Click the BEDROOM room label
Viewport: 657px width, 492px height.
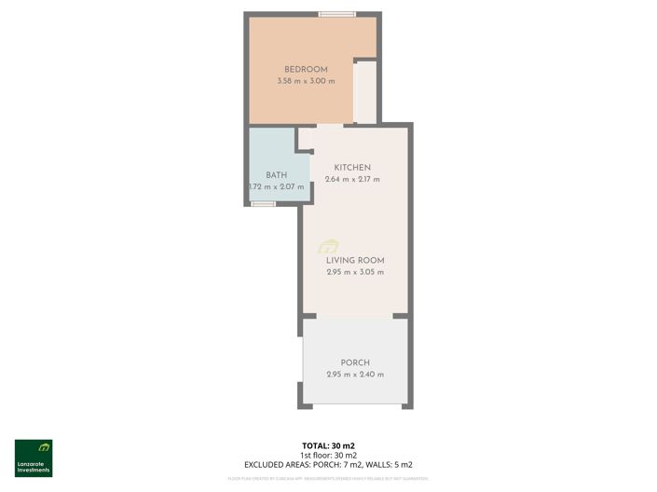306,70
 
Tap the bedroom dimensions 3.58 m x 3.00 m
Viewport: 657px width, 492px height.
306,82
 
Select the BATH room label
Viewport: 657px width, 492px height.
276,175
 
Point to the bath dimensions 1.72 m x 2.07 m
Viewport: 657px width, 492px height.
276,187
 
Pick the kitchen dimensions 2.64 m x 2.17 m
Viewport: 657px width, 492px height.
352,180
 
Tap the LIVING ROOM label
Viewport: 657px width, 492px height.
355,260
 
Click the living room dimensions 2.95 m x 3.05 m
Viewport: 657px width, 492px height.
355,272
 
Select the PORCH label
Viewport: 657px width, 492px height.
355,362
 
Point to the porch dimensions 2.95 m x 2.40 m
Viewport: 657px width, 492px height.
355,375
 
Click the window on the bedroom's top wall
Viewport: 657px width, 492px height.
336,14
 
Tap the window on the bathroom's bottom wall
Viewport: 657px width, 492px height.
264,203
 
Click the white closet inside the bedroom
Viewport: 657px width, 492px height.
365,91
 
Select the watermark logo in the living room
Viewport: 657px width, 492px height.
328,246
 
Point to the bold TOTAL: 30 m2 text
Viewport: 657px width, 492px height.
328,445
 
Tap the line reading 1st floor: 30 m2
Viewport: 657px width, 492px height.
328,455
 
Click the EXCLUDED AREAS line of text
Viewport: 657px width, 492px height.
328,464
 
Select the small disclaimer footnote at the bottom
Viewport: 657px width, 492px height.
328,478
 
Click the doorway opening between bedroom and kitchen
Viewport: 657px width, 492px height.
329,125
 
